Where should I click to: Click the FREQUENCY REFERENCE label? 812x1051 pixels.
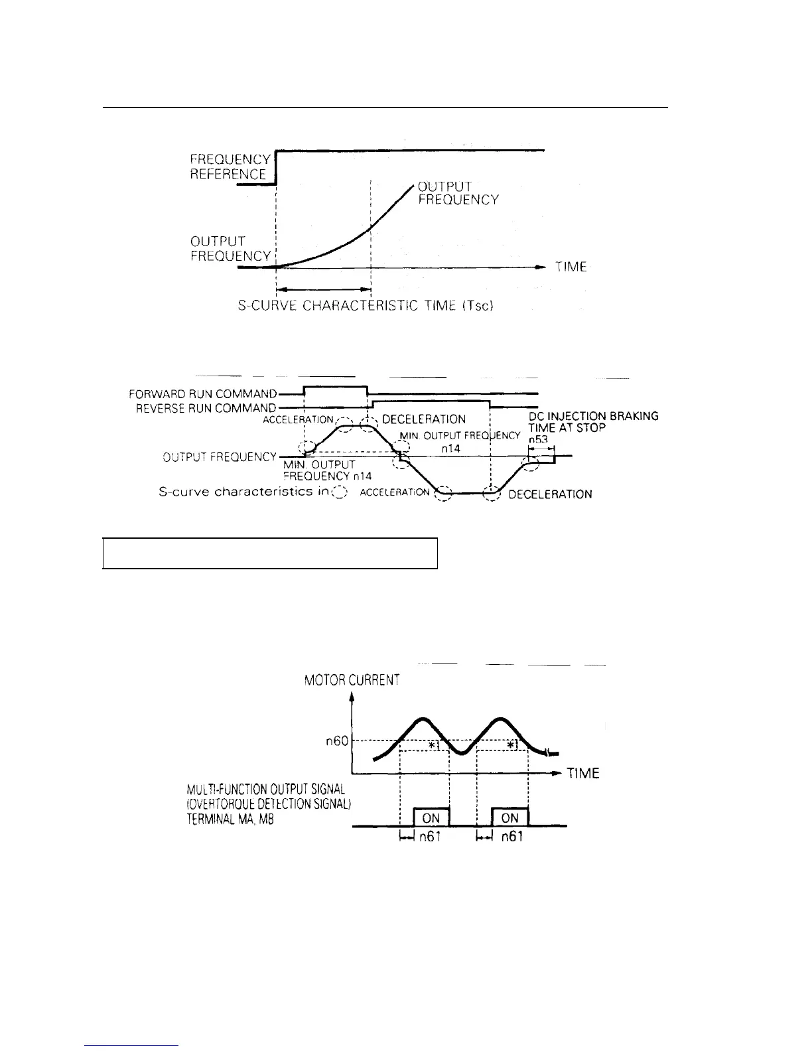pos(230,167)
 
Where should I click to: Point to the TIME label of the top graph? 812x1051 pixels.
pos(571,267)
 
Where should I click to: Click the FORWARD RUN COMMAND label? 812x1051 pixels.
pos(202,393)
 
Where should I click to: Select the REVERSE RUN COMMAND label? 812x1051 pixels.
pos(206,408)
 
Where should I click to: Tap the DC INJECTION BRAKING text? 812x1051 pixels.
pos(593,416)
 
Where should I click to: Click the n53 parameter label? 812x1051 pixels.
pos(537,439)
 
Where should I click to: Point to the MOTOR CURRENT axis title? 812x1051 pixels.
pos(352,680)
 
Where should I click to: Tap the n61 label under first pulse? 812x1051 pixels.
pos(431,837)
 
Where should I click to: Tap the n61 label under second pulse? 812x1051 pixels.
pos(511,837)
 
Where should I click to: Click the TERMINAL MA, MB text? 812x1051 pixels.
pos(230,819)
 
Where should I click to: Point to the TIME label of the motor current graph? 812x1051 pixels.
pos(583,774)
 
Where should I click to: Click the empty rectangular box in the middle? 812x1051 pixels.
pos(270,553)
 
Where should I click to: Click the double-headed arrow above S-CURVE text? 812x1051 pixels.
pos(323,289)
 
